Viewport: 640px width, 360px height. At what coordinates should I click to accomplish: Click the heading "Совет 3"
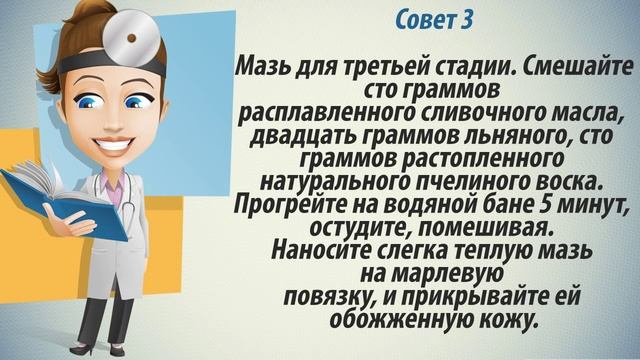coord(434,20)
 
